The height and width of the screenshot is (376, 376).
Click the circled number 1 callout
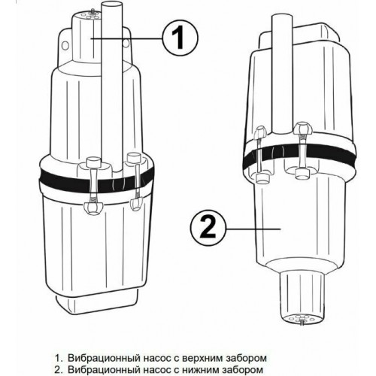[x=180, y=39]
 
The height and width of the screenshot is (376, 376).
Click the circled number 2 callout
[x=208, y=228]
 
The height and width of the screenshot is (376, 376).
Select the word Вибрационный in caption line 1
[x=104, y=358]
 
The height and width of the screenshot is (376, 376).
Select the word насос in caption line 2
[x=157, y=370]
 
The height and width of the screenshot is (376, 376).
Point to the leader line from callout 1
[x=126, y=38]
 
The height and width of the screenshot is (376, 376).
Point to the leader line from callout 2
[x=253, y=229]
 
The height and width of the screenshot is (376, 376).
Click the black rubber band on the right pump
[x=299, y=153]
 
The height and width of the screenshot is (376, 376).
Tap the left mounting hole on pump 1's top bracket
[x=65, y=45]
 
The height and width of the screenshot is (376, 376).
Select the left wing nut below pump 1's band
[x=93, y=207]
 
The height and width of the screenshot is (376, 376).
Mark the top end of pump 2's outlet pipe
[x=282, y=18]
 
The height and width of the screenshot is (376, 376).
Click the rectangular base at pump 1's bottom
[x=96, y=302]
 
